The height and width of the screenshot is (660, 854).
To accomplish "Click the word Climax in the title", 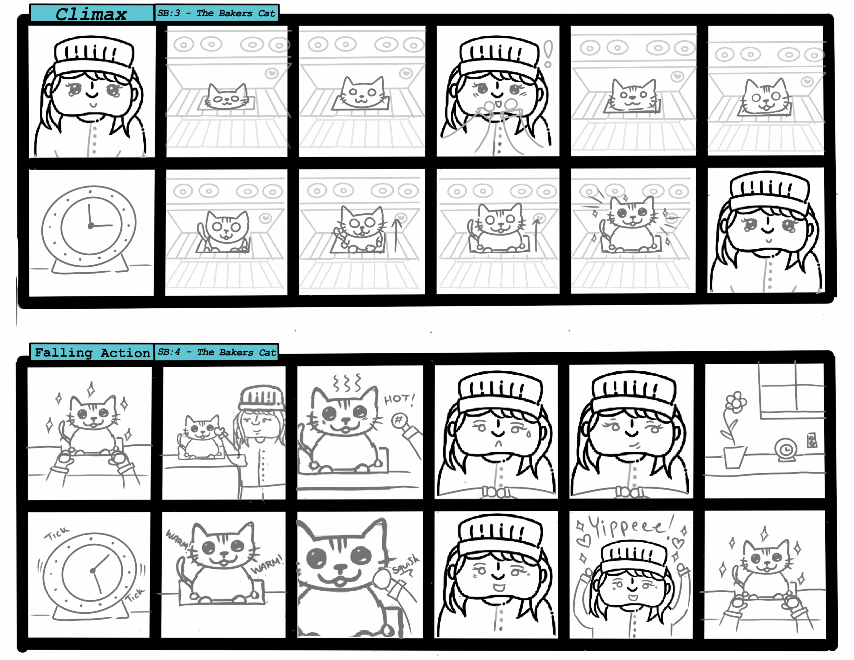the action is tap(91, 14).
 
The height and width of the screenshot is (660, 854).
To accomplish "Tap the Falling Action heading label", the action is tap(92, 352).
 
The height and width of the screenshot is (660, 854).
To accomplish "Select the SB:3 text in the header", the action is tap(168, 13).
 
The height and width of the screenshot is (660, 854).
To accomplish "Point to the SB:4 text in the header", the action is tap(168, 352).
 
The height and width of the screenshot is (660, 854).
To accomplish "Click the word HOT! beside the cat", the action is tap(399, 399).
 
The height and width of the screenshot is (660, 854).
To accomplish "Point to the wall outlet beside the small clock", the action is tap(812, 440).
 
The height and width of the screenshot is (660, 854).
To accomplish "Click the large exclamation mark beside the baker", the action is tap(548, 54).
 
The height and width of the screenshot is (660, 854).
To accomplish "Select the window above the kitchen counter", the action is tap(791, 391).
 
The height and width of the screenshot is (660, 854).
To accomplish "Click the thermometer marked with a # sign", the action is tap(407, 430).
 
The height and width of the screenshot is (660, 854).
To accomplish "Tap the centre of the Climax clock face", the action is tap(91, 226).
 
